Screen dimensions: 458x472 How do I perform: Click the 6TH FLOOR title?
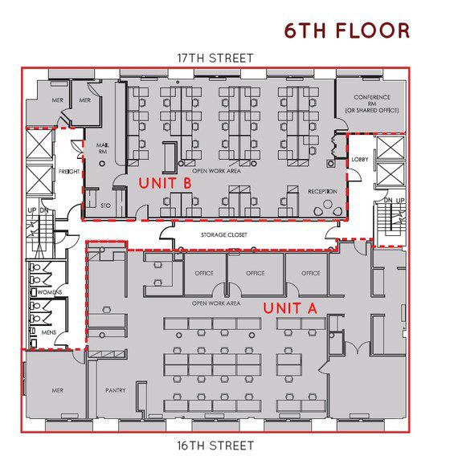tap(347, 31)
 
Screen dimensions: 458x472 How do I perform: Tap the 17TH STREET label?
tap(215, 58)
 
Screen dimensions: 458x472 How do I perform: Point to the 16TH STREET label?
tap(215, 446)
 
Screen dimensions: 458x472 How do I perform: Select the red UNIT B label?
tap(166, 183)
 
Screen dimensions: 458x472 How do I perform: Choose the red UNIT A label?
tap(290, 308)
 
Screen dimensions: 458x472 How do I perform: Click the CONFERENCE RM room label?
tap(372, 104)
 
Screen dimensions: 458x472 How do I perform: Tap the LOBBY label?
tap(360, 159)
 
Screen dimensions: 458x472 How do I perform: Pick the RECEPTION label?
tap(322, 191)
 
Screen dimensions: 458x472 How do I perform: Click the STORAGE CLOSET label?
tap(224, 234)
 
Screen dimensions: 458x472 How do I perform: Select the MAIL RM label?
tap(103, 149)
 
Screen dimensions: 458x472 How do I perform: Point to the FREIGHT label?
tap(69, 172)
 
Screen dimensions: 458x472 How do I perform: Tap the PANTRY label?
tap(116, 390)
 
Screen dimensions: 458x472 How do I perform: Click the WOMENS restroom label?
tap(50, 292)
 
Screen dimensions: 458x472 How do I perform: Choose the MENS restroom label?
tap(49, 332)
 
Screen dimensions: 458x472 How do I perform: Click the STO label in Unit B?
tap(105, 205)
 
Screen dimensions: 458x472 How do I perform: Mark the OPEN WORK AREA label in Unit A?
tap(216, 303)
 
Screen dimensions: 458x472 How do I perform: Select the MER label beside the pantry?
tap(57, 390)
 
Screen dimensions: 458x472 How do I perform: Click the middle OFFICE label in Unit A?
tap(256, 273)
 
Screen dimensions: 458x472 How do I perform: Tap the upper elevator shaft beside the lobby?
tap(391, 148)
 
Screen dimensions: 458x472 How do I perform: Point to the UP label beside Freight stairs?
tap(32, 210)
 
